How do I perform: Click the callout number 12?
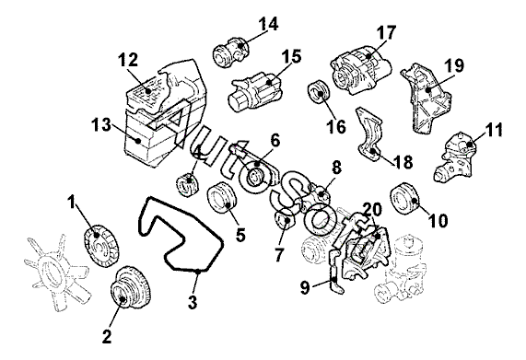[x=128, y=61]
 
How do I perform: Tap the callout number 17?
[x=386, y=33]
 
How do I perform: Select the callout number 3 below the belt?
[x=193, y=302]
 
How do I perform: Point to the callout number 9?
[x=305, y=288]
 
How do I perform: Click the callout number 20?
[x=371, y=210]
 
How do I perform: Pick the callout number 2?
[x=107, y=336]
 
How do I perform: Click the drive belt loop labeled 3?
[x=181, y=235]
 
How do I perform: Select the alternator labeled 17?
[x=362, y=72]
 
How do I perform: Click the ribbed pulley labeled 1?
[x=101, y=246]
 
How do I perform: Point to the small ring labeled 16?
[x=319, y=91]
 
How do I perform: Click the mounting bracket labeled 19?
[x=426, y=98]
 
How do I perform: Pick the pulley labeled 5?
[x=222, y=198]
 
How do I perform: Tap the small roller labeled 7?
[x=285, y=221]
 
